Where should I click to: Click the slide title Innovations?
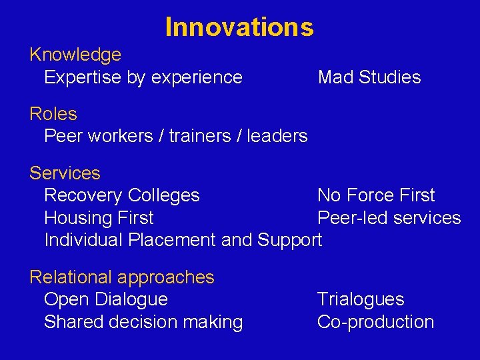(x=239, y=27)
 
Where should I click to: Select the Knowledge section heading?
(x=75, y=55)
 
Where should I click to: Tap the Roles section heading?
(x=53, y=114)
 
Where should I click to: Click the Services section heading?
(x=65, y=173)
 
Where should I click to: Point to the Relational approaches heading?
(x=122, y=277)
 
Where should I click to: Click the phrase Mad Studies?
(x=369, y=77)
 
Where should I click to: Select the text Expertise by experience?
(x=143, y=77)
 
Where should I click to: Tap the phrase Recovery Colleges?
(x=121, y=195)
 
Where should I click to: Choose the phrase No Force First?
(x=375, y=195)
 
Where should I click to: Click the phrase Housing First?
(x=99, y=218)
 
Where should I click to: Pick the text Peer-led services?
(x=389, y=218)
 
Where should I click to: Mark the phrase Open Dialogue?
(x=105, y=299)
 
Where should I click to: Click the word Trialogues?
(x=360, y=299)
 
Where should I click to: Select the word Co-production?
(x=375, y=322)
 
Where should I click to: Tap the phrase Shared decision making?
(x=143, y=322)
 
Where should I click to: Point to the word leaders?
(x=277, y=136)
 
